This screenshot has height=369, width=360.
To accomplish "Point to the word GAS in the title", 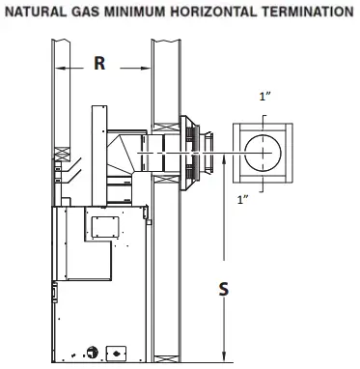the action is (x=84, y=13).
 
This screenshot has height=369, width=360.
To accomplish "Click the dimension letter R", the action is (x=99, y=65).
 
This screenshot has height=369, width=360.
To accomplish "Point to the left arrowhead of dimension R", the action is (x=61, y=69).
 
